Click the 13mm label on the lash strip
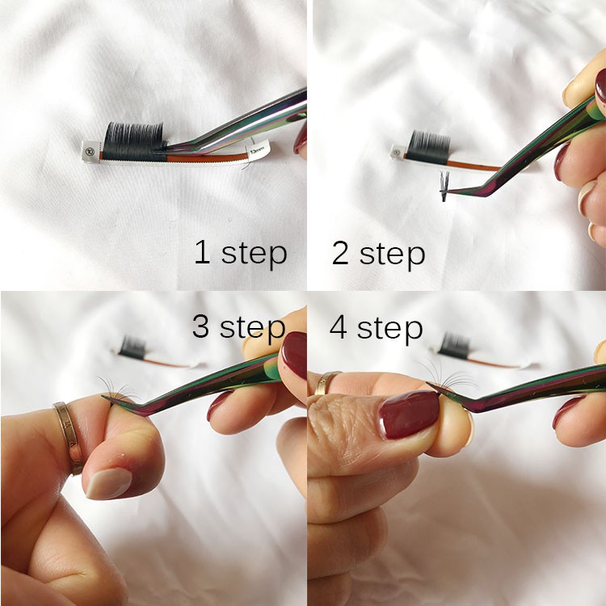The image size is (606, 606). point(258,150)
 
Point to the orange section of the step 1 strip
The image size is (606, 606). point(202,153)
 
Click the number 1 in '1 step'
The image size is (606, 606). point(202,252)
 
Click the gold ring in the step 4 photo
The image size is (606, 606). point(328,382)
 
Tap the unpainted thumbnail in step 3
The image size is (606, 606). point(108,482)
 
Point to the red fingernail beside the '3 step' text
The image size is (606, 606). point(294,355)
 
